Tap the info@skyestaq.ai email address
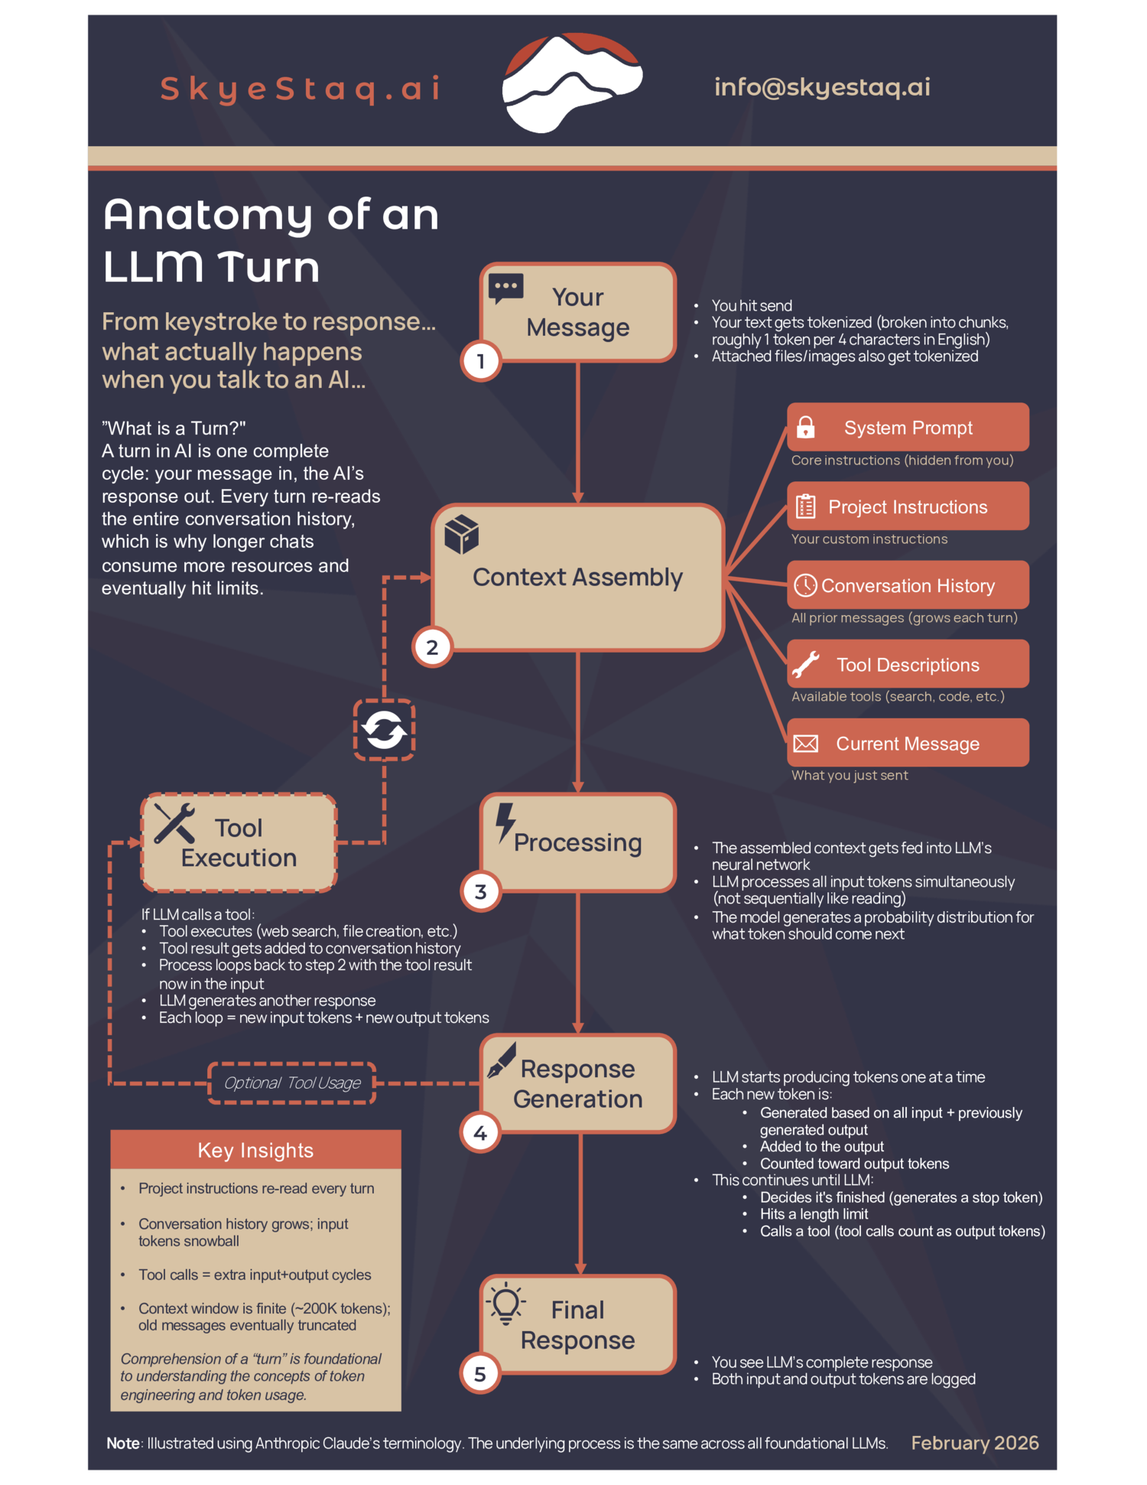tap(822, 87)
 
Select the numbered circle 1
tap(481, 361)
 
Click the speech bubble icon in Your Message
tap(505, 288)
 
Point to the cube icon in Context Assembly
tap(462, 534)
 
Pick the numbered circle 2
tap(432, 647)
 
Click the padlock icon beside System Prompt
tap(805, 427)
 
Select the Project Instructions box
tap(908, 506)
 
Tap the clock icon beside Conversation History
tap(805, 586)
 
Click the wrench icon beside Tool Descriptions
tap(805, 665)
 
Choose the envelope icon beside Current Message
tap(805, 744)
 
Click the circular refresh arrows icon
tap(384, 730)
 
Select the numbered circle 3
tap(481, 892)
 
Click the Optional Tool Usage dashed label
tap(292, 1083)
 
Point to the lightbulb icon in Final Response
tap(506, 1304)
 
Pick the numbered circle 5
tap(480, 1374)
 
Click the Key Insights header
tap(255, 1151)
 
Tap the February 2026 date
tap(974, 1443)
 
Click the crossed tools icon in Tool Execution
tap(174, 824)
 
